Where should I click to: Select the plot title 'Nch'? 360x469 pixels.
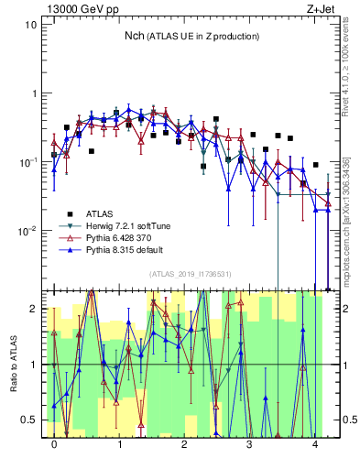tap(136, 36)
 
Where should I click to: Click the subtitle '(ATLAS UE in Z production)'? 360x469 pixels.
tap(205, 36)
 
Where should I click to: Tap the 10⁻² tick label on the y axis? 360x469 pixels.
tap(27, 230)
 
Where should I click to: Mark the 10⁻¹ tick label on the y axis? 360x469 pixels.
tap(27, 161)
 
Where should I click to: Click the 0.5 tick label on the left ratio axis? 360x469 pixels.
tap(27, 420)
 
